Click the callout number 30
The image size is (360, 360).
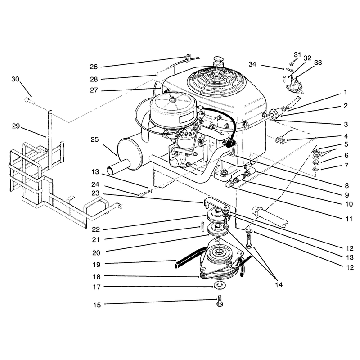click(15, 79)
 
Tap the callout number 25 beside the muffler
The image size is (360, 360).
click(94, 139)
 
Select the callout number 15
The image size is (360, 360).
click(97, 305)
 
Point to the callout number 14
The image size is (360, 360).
click(279, 285)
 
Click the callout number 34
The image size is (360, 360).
click(252, 64)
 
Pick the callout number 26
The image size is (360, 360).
click(94, 67)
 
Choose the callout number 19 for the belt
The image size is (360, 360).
click(97, 265)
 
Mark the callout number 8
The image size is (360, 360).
click(346, 185)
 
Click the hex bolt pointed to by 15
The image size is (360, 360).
click(220, 301)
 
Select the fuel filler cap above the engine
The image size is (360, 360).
click(218, 61)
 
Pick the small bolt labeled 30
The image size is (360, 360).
click(30, 100)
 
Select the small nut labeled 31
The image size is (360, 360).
click(291, 63)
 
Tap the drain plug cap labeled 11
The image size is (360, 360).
click(229, 184)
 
